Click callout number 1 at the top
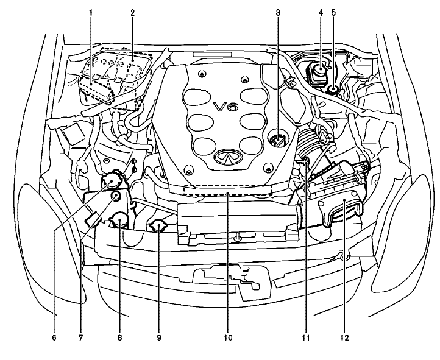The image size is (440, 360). coord(90,12)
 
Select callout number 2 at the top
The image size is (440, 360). coord(132,12)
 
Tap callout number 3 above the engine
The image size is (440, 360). coord(278,12)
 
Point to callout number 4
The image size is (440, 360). coord(321,12)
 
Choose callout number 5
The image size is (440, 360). coord(333,12)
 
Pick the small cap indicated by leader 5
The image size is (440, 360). coord(334,91)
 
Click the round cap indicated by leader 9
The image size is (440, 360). coord(160,227)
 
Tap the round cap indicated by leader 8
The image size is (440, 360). coord(118,221)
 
